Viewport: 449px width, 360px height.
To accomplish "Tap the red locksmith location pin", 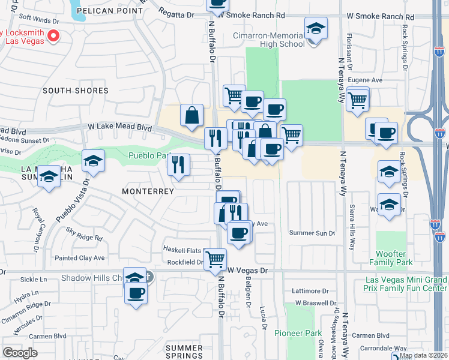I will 53,37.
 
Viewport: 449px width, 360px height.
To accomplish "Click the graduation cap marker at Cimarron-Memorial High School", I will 315,29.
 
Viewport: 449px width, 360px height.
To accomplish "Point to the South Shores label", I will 76,91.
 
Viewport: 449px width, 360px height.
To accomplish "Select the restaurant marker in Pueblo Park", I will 178,164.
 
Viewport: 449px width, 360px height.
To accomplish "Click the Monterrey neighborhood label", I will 148,191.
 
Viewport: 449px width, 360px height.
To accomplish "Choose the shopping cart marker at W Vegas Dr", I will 215,259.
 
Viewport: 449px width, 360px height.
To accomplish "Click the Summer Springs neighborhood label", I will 184,352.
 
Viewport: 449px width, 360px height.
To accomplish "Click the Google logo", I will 20,352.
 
